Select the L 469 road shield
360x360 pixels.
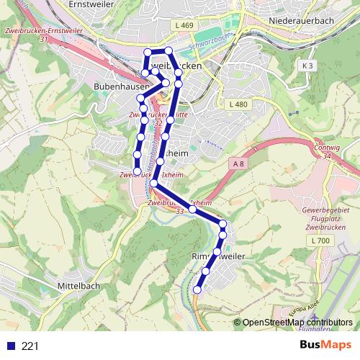pyautogui.click(x=184, y=26)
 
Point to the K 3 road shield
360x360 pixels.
pyautogui.click(x=308, y=66)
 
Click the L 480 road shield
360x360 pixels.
pyautogui.click(x=238, y=104)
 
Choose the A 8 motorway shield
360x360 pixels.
pyautogui.click(x=238, y=165)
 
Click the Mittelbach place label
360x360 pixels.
pyautogui.click(x=78, y=286)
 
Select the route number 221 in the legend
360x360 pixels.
pyautogui.click(x=30, y=346)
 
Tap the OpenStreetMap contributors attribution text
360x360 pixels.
pyautogui.click(x=297, y=322)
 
